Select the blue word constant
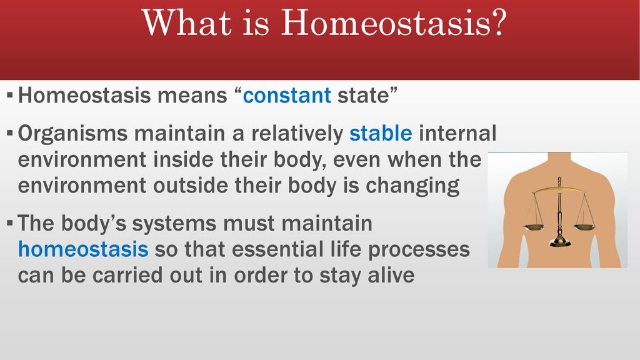287,96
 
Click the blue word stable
381,133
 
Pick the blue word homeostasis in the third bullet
83,249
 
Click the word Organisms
72,134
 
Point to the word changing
412,186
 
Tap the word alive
391,275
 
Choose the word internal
458,133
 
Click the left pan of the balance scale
534,225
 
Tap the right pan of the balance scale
585,225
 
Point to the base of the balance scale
559,242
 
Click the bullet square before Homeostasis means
10,96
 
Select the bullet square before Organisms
10,134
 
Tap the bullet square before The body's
10,223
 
